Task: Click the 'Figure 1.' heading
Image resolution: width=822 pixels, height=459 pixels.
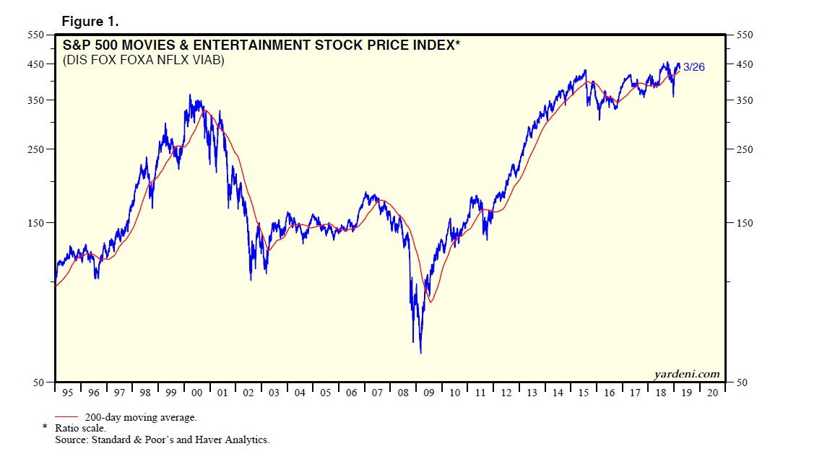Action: coord(90,21)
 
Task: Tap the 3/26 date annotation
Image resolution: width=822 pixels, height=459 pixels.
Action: coord(694,67)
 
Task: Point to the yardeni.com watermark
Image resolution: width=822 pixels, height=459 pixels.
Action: coord(686,373)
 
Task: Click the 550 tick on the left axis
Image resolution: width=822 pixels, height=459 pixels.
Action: coord(37,35)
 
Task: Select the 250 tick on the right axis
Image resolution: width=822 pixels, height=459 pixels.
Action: coord(744,149)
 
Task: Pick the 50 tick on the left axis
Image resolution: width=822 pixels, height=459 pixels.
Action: coord(40,382)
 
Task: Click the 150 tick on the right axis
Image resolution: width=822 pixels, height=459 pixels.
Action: coord(744,223)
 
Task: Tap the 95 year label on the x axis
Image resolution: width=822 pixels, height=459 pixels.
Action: coord(68,393)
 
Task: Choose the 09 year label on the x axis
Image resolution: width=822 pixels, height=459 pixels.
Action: coord(429,393)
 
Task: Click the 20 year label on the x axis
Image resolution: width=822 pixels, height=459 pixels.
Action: coord(712,393)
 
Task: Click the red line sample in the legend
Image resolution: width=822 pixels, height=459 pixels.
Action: coord(66,417)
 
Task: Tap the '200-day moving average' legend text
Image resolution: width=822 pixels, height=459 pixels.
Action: coord(140,417)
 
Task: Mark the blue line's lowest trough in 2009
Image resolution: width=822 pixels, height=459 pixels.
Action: coord(420,352)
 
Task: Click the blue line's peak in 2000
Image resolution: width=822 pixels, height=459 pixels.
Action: coord(190,95)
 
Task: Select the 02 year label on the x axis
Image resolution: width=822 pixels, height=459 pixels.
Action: coord(248,393)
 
